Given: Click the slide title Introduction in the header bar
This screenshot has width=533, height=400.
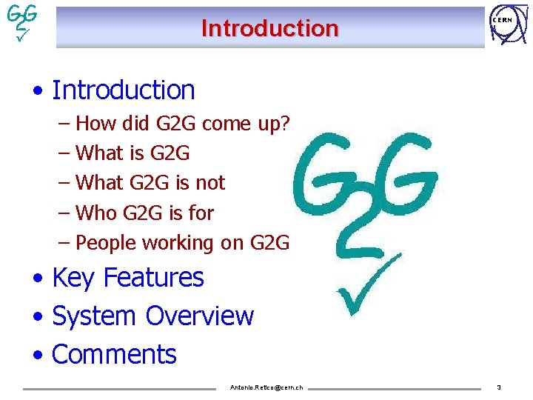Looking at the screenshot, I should pos(269,28).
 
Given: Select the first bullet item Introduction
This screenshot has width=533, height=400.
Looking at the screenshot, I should pos(124,90).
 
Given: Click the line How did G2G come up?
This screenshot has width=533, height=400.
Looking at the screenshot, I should pos(182,123).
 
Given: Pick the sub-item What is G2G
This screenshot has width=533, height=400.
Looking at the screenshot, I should pos(133,153).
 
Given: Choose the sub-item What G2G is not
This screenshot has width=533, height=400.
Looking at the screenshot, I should pos(150,183).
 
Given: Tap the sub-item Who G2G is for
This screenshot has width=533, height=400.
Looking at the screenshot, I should pos(145,213).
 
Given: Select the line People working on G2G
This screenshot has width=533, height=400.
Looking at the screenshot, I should pos(182,243).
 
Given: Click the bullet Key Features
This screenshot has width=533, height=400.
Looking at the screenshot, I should pos(128,278).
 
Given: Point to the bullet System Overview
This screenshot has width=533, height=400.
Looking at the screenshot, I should pos(152,316).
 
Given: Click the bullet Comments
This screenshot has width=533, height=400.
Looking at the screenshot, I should pos(114,355).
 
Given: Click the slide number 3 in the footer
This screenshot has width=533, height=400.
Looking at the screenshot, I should pos(499,387).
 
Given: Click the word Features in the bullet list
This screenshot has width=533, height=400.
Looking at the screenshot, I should pos(153,278).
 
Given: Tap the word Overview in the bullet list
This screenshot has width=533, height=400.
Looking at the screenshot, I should pos(200,316).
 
